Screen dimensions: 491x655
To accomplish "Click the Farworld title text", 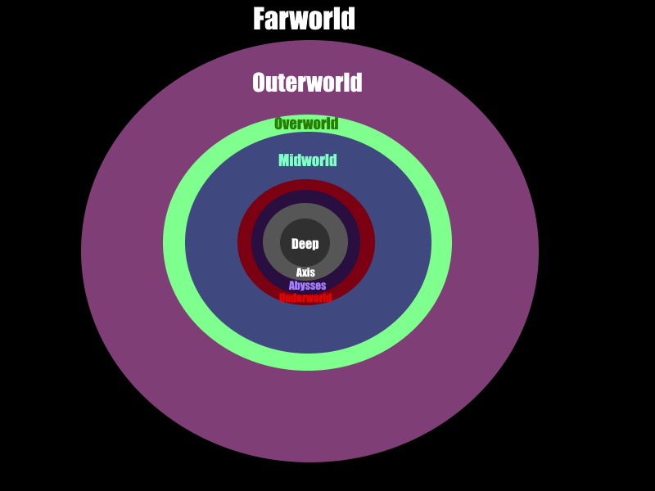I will pos(304,19).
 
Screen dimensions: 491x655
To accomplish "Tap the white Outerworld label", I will pos(307,83).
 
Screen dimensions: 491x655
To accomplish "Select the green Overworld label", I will pos(306,124).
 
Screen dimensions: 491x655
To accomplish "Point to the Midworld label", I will pos(307,160).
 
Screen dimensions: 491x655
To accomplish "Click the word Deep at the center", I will pos(305,244).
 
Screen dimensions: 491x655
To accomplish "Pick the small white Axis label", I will pos(305,273).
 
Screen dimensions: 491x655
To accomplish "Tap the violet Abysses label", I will pos(307,286).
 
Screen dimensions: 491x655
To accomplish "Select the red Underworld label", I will pos(305,298).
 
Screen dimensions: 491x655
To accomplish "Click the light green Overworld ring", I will pos(174,243).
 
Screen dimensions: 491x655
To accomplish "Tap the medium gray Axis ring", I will pos(272,243).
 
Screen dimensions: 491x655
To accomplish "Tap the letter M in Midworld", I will pos(284,160).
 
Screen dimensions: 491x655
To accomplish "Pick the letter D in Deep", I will pos(296,244).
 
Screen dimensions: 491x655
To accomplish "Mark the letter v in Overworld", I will pos(287,124).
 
